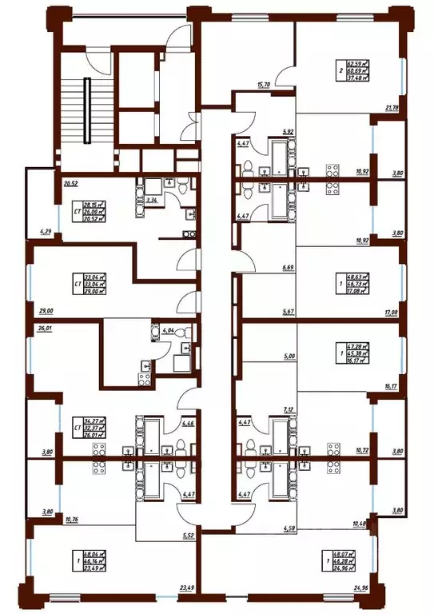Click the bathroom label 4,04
click(x=168, y=329)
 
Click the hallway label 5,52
click(x=188, y=534)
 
